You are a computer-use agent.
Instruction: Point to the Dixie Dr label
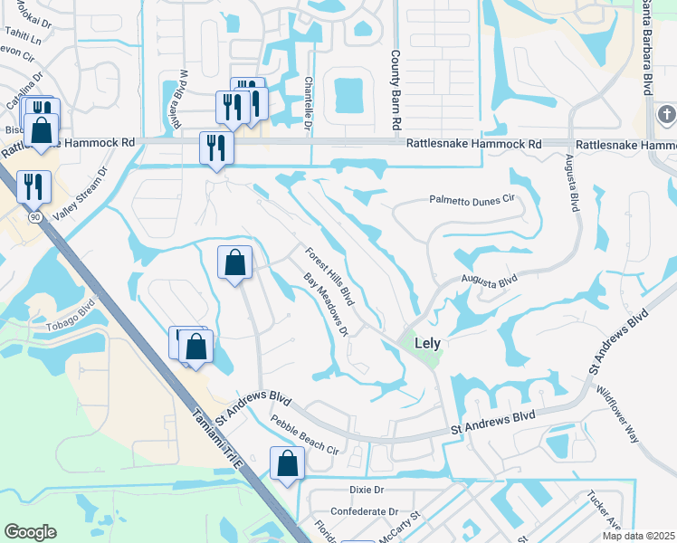(x=367, y=489)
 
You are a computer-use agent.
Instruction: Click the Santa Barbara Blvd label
(x=647, y=45)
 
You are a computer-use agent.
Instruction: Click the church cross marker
(x=667, y=115)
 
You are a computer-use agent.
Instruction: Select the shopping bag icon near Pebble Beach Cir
(x=288, y=463)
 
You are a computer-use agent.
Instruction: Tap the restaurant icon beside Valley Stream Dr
(x=33, y=186)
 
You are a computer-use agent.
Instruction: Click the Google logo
(x=30, y=532)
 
